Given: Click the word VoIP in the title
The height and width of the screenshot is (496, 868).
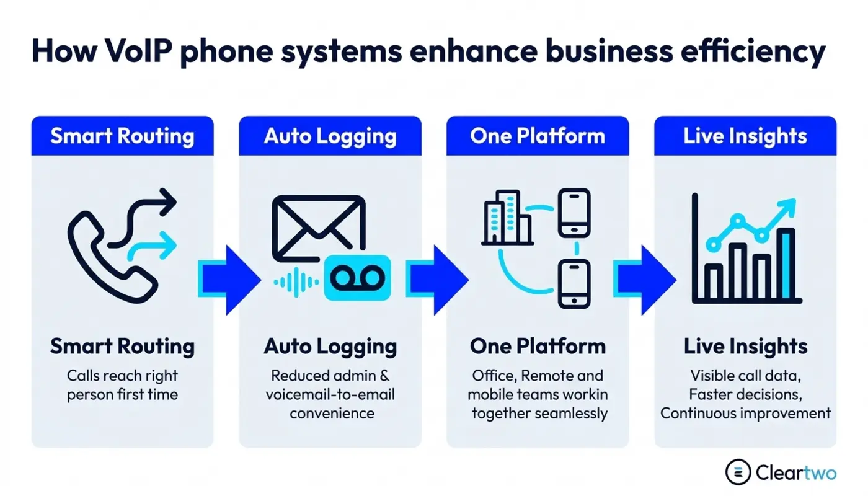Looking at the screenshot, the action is point(138,51).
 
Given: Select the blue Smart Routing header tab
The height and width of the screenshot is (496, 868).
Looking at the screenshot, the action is point(123,136).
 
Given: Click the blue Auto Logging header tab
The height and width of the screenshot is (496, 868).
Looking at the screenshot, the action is point(330,136).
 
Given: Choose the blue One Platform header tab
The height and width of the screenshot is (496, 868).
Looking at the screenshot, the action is point(538,136).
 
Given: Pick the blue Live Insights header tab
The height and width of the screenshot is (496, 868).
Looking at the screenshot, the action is point(745,136).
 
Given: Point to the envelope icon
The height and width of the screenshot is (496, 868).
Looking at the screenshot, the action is point(319,229).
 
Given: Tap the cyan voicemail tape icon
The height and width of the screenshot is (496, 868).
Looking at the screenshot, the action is point(357,278).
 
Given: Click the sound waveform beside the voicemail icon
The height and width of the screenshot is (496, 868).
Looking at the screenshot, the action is point(296,282).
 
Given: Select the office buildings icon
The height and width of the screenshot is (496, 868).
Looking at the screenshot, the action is point(507,218).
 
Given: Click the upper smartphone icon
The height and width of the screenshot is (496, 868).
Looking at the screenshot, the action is point(574,213).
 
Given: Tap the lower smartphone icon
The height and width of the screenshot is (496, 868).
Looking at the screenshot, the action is point(574,284).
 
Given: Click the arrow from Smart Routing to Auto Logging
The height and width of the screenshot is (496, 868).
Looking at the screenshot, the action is point(229,280).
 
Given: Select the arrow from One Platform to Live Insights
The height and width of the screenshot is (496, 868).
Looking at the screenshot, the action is point(645,280).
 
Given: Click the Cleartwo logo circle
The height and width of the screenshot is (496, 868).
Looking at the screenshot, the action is point(738,472).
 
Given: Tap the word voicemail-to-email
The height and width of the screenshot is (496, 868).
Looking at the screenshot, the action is point(330,394).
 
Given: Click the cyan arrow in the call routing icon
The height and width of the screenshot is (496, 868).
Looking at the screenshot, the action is point(152,247).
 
